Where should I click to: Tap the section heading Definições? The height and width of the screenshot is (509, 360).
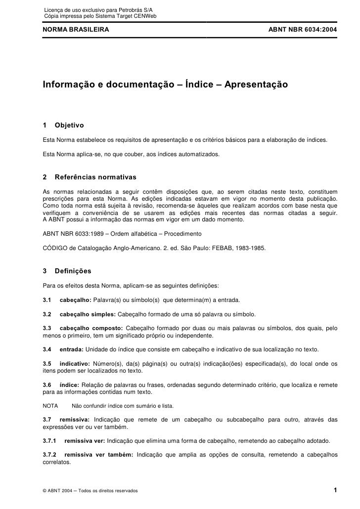pos(73,271)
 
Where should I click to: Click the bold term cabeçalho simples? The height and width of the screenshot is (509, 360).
pos(88,314)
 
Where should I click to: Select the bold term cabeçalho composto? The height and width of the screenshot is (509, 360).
pos(91,328)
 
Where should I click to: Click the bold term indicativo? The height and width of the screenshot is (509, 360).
pos(77,364)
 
